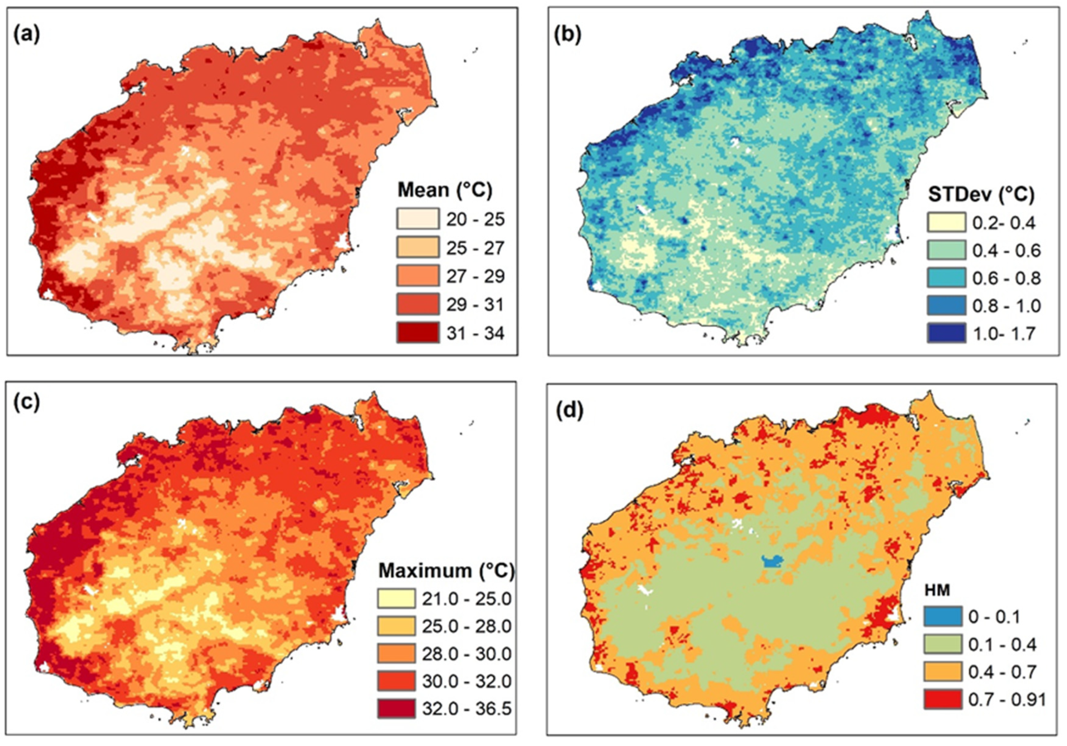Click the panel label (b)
pyautogui.click(x=567, y=35)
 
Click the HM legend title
pyautogui.click(x=936, y=590)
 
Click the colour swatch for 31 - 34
pyautogui.click(x=417, y=333)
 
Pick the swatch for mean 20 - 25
pyautogui.click(x=417, y=219)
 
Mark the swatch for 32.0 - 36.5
pyautogui.click(x=396, y=709)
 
